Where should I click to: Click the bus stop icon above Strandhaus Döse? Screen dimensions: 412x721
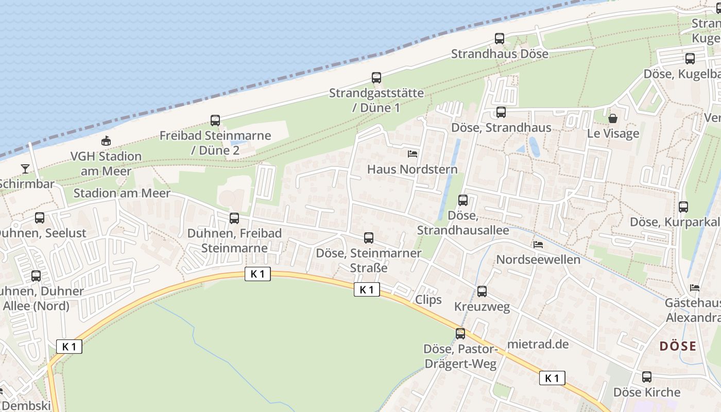coord(499,39)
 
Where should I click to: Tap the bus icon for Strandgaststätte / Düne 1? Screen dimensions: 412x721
coord(376,78)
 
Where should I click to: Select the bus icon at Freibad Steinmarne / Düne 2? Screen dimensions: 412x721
coord(215,121)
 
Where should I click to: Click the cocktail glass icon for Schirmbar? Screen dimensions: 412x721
coord(25,168)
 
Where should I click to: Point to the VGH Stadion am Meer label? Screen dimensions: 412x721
coord(106,163)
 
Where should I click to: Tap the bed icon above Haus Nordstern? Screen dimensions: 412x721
coord(413,153)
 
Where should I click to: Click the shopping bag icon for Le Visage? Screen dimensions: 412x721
coord(613,118)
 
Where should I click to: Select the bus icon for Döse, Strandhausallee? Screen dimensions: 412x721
coord(463,200)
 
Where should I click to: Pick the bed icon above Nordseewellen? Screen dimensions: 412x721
coord(538,244)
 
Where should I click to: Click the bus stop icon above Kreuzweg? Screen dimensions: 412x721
coord(482,291)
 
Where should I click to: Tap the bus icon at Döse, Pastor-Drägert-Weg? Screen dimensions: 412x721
coord(460,334)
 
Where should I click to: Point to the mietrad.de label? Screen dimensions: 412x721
coord(538,344)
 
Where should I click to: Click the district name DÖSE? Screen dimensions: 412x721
coord(678,346)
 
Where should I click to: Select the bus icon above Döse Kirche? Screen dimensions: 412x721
coord(647,377)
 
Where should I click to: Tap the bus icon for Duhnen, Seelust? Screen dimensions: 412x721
coord(40,218)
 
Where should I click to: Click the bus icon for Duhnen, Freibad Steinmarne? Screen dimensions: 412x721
coord(234,218)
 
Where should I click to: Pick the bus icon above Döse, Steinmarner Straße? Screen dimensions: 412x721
coord(369,238)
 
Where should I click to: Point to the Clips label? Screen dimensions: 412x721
coord(428,300)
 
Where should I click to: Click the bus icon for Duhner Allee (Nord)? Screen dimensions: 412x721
coord(36,276)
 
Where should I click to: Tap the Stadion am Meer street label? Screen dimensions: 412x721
coord(122,193)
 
